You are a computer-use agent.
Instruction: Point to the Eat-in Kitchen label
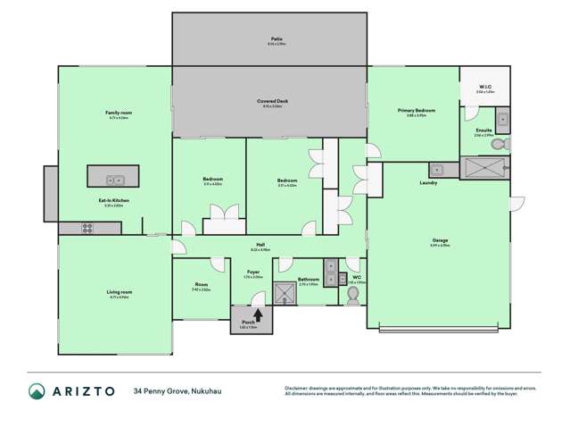coord(113,199)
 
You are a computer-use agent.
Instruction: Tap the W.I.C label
coord(484,87)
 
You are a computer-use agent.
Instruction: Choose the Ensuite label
coord(483,130)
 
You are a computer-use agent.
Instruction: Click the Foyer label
coord(252,273)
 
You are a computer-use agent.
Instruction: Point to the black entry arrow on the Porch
coord(259,315)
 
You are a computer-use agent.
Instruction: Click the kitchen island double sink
coord(114,179)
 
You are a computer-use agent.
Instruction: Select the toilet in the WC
coord(353,297)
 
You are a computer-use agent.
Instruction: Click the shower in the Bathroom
coord(285,294)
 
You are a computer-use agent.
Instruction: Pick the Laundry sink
coord(437,170)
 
